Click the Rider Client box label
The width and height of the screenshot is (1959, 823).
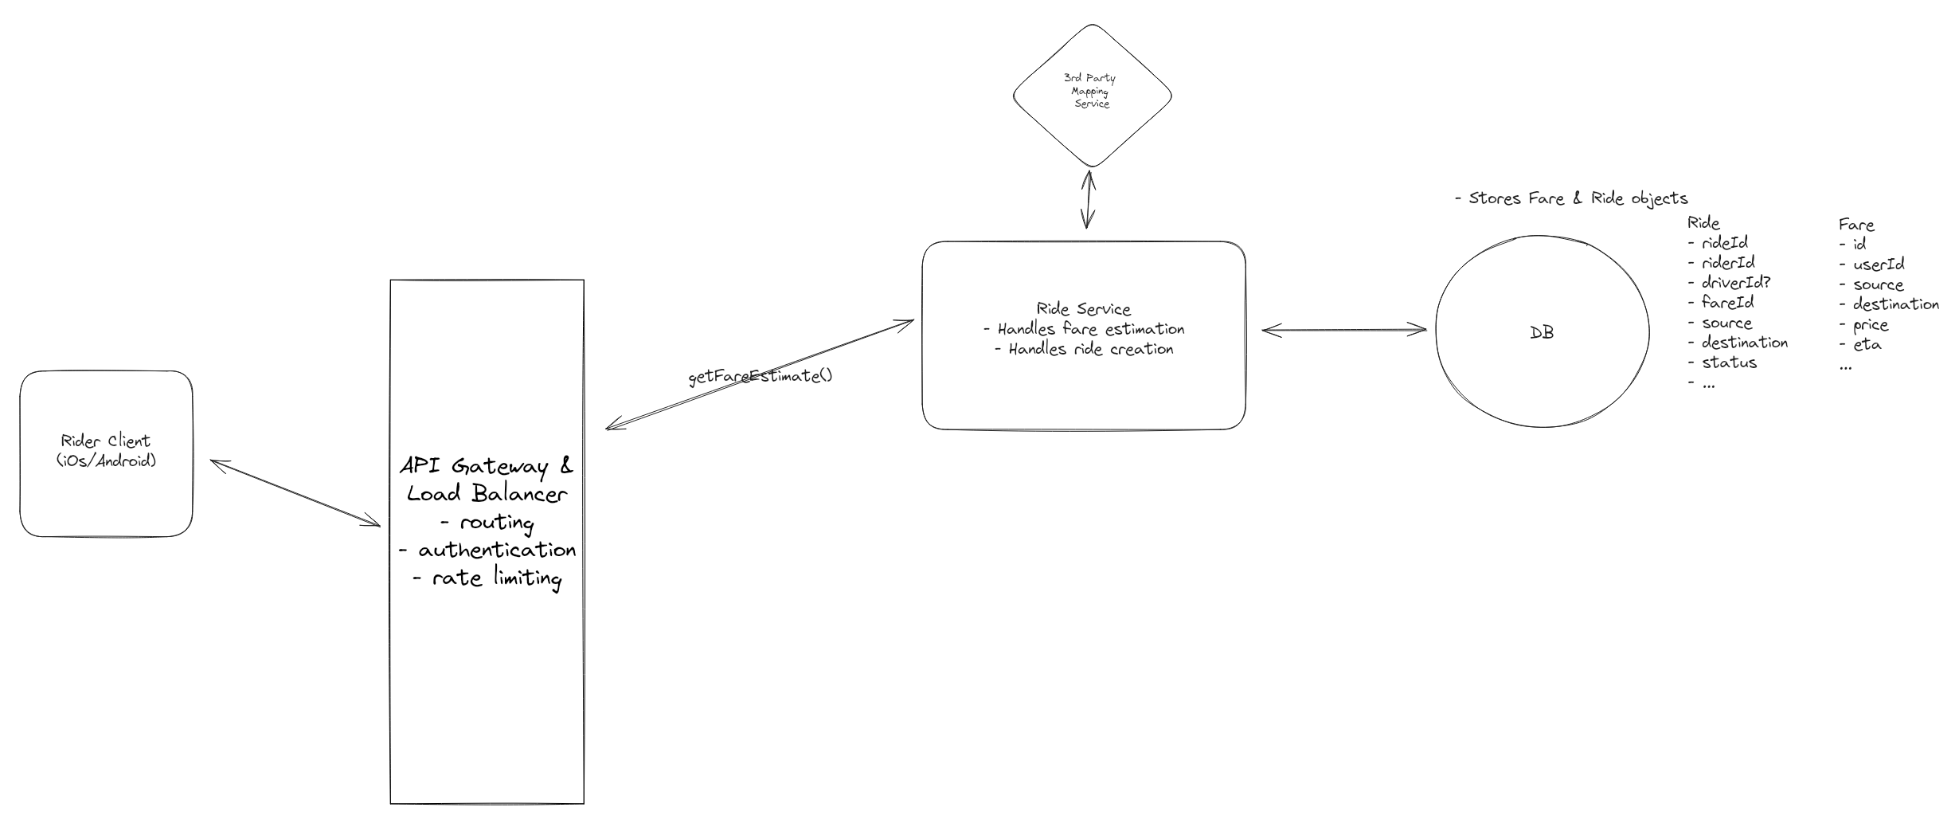pyautogui.click(x=106, y=451)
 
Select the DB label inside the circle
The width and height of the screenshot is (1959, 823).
pyautogui.click(x=1542, y=333)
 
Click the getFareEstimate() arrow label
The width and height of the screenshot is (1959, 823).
pyautogui.click(x=760, y=376)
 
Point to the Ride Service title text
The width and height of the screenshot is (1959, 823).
pyautogui.click(x=1083, y=309)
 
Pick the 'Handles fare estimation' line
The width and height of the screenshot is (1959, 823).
pyautogui.click(x=1084, y=329)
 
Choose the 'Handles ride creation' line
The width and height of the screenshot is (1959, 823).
pyautogui.click(x=1084, y=349)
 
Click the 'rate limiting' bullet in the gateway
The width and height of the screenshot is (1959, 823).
pyautogui.click(x=488, y=578)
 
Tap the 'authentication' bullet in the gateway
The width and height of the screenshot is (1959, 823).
pyautogui.click(x=487, y=550)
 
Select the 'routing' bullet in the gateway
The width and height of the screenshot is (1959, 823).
pyautogui.click(x=487, y=523)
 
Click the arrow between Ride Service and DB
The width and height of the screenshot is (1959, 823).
pyautogui.click(x=1343, y=329)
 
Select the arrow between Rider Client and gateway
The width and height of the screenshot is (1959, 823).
pyautogui.click(x=295, y=492)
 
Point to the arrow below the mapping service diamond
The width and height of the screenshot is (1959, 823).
pyautogui.click(x=1088, y=199)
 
